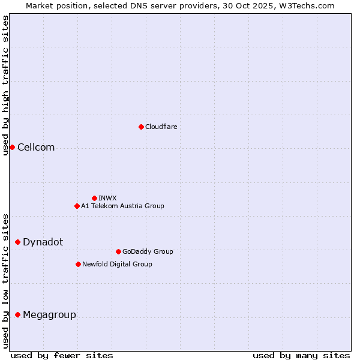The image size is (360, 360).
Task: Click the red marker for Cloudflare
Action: pyautogui.click(x=141, y=127)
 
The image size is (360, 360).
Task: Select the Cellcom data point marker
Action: pyautogui.click(x=12, y=147)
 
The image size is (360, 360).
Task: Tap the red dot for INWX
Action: pyautogui.click(x=94, y=198)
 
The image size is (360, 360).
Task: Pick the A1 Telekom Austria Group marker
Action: pyautogui.click(x=77, y=206)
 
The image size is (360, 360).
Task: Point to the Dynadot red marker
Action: pyautogui.click(x=17, y=242)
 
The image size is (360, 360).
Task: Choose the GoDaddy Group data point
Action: pyautogui.click(x=118, y=251)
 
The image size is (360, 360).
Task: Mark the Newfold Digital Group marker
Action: pyautogui.click(x=78, y=264)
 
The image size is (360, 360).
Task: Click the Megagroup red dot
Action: pyautogui.click(x=17, y=314)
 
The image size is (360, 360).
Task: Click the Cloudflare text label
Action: pyautogui.click(x=161, y=127)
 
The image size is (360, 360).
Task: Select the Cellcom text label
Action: pyautogui.click(x=36, y=148)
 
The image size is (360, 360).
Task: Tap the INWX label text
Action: pyautogui.click(x=107, y=198)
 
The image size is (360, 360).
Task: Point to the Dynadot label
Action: pyautogui.click(x=43, y=242)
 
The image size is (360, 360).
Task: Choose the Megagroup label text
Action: pyautogui.click(x=49, y=315)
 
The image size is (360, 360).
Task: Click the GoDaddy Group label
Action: pyautogui.click(x=147, y=251)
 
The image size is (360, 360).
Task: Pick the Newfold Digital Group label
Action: pyautogui.click(x=117, y=264)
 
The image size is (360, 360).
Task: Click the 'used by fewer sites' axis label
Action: pyautogui.click(x=62, y=355)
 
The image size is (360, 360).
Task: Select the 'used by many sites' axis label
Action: pyautogui.click(x=301, y=355)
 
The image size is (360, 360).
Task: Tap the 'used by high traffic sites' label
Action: pyautogui.click(x=6, y=86)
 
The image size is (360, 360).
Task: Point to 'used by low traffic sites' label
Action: pyautogui.click(x=6, y=281)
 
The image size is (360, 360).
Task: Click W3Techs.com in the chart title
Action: pyautogui.click(x=305, y=5)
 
